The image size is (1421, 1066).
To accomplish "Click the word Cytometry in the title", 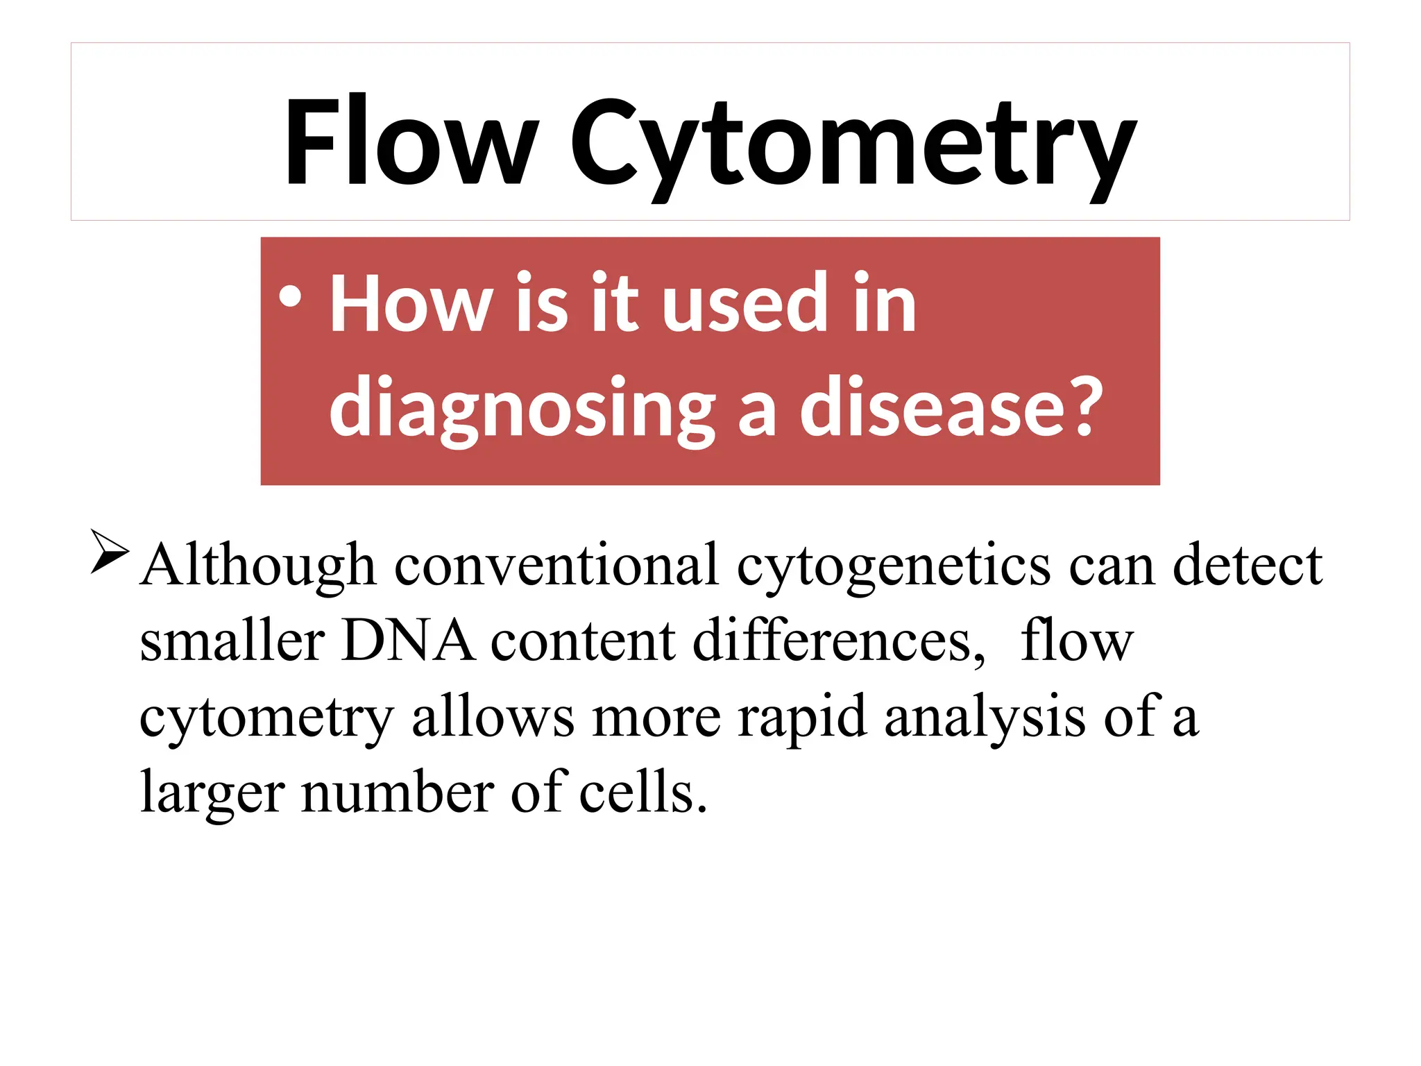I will pyautogui.click(x=853, y=146).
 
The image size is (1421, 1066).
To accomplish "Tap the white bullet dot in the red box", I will pyautogui.click(x=290, y=296).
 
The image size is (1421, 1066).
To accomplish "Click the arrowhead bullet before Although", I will pyautogui.click(x=109, y=552).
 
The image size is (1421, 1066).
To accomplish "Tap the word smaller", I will pyautogui.click(x=232, y=641).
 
